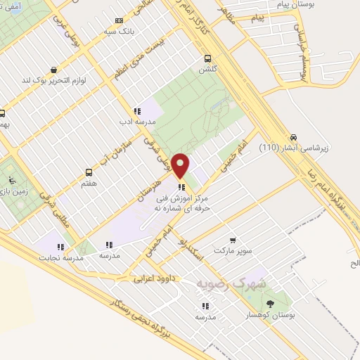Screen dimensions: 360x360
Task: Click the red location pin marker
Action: tap(181, 165)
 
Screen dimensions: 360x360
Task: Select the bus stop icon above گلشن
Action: tap(207, 59)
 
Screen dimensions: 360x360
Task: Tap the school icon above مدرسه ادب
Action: tap(137, 110)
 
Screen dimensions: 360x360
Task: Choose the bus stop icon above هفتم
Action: tap(89, 172)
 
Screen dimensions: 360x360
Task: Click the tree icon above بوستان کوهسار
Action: tap(271, 304)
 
